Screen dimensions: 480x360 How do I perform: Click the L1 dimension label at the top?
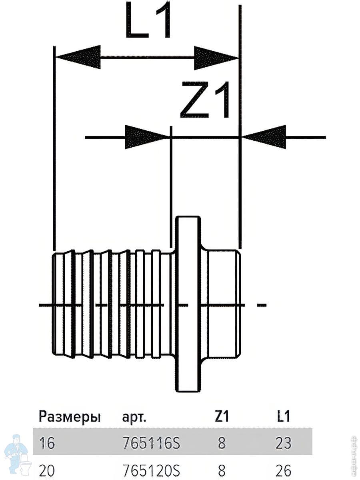tap(148, 20)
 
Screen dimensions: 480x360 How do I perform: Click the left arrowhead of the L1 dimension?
tap(78, 57)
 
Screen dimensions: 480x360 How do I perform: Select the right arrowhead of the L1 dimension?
tap(216, 57)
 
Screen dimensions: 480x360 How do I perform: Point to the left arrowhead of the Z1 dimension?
tap(146, 137)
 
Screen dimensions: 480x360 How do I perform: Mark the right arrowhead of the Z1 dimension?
tap(264, 137)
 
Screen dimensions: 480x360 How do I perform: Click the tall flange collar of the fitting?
tap(188, 304)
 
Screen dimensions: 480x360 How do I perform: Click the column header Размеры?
tap(70, 417)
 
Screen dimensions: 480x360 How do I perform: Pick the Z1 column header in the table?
tap(222, 417)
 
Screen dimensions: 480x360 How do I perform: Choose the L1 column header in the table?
tap(283, 417)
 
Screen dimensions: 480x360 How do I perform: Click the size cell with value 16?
tap(47, 443)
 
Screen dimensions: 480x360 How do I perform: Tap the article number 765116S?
tap(151, 443)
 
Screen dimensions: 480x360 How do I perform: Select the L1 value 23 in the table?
tap(283, 443)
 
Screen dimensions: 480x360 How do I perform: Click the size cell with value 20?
tap(47, 471)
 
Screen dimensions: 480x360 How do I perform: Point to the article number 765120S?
tap(151, 471)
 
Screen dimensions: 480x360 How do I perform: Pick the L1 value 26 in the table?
tap(283, 471)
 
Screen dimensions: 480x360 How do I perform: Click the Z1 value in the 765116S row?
tap(222, 443)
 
